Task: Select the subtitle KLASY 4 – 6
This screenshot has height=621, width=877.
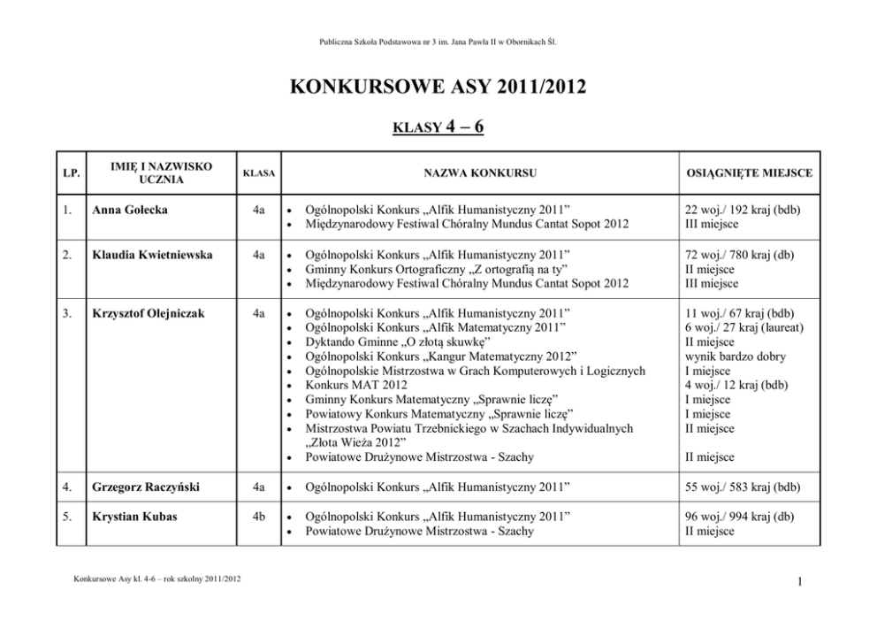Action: pos(438,126)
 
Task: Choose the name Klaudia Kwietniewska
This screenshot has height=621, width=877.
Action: pos(152,255)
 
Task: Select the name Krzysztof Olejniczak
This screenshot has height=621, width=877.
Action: pos(149,313)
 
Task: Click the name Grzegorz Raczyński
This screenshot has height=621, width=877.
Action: pos(145,487)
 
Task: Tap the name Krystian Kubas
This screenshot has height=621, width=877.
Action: pos(134,517)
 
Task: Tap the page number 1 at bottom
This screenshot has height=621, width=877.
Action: pos(798,581)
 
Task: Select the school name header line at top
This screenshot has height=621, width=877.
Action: pos(438,42)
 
